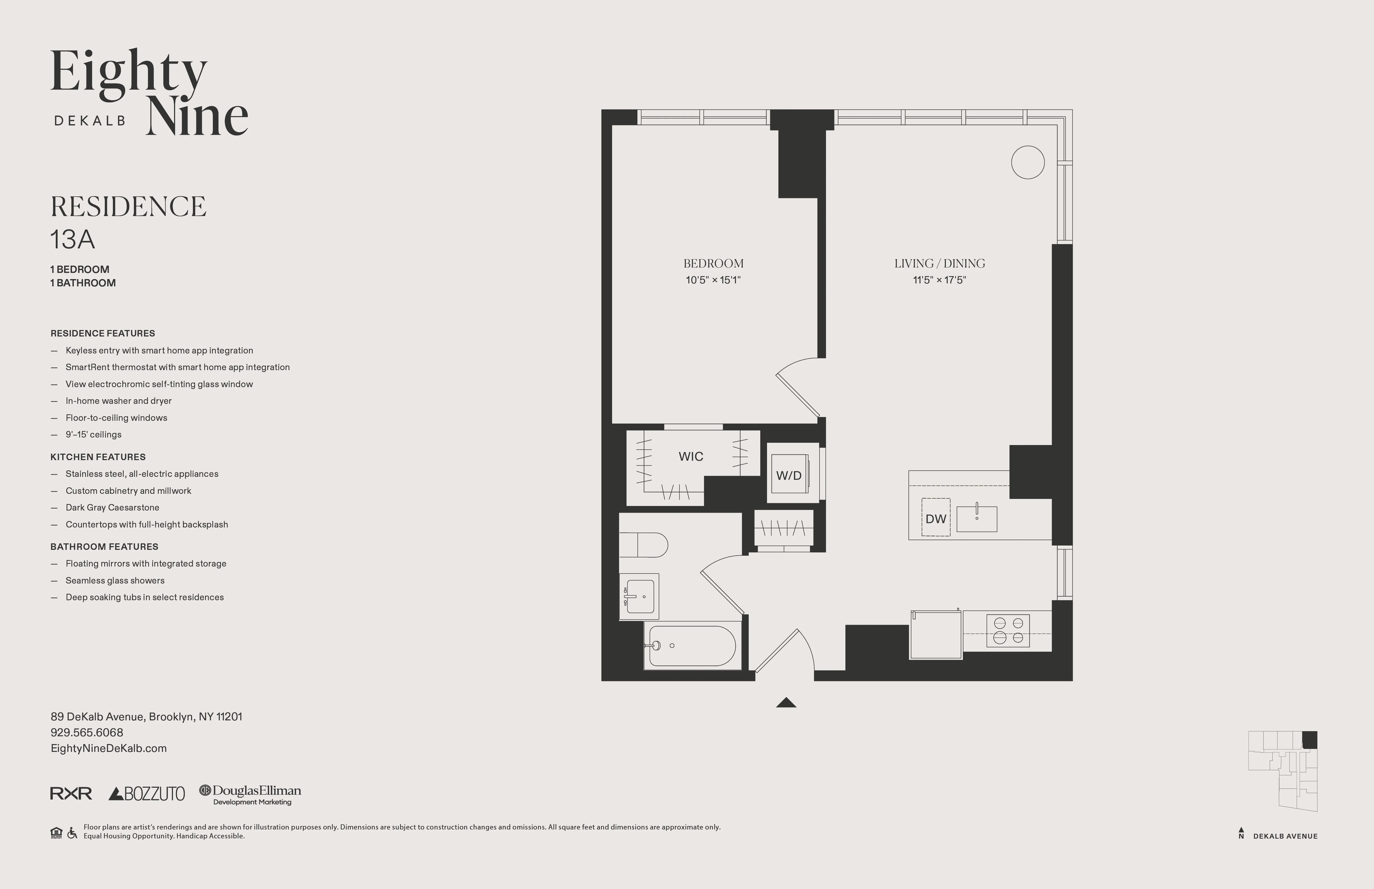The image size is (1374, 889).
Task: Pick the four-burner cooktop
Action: pyautogui.click(x=1008, y=630)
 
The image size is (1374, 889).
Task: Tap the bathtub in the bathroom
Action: pyautogui.click(x=692, y=646)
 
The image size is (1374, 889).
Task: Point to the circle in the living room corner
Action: pyautogui.click(x=1028, y=162)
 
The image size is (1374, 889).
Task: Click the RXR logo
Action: pyautogui.click(x=71, y=794)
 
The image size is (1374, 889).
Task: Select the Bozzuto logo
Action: pyautogui.click(x=147, y=794)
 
